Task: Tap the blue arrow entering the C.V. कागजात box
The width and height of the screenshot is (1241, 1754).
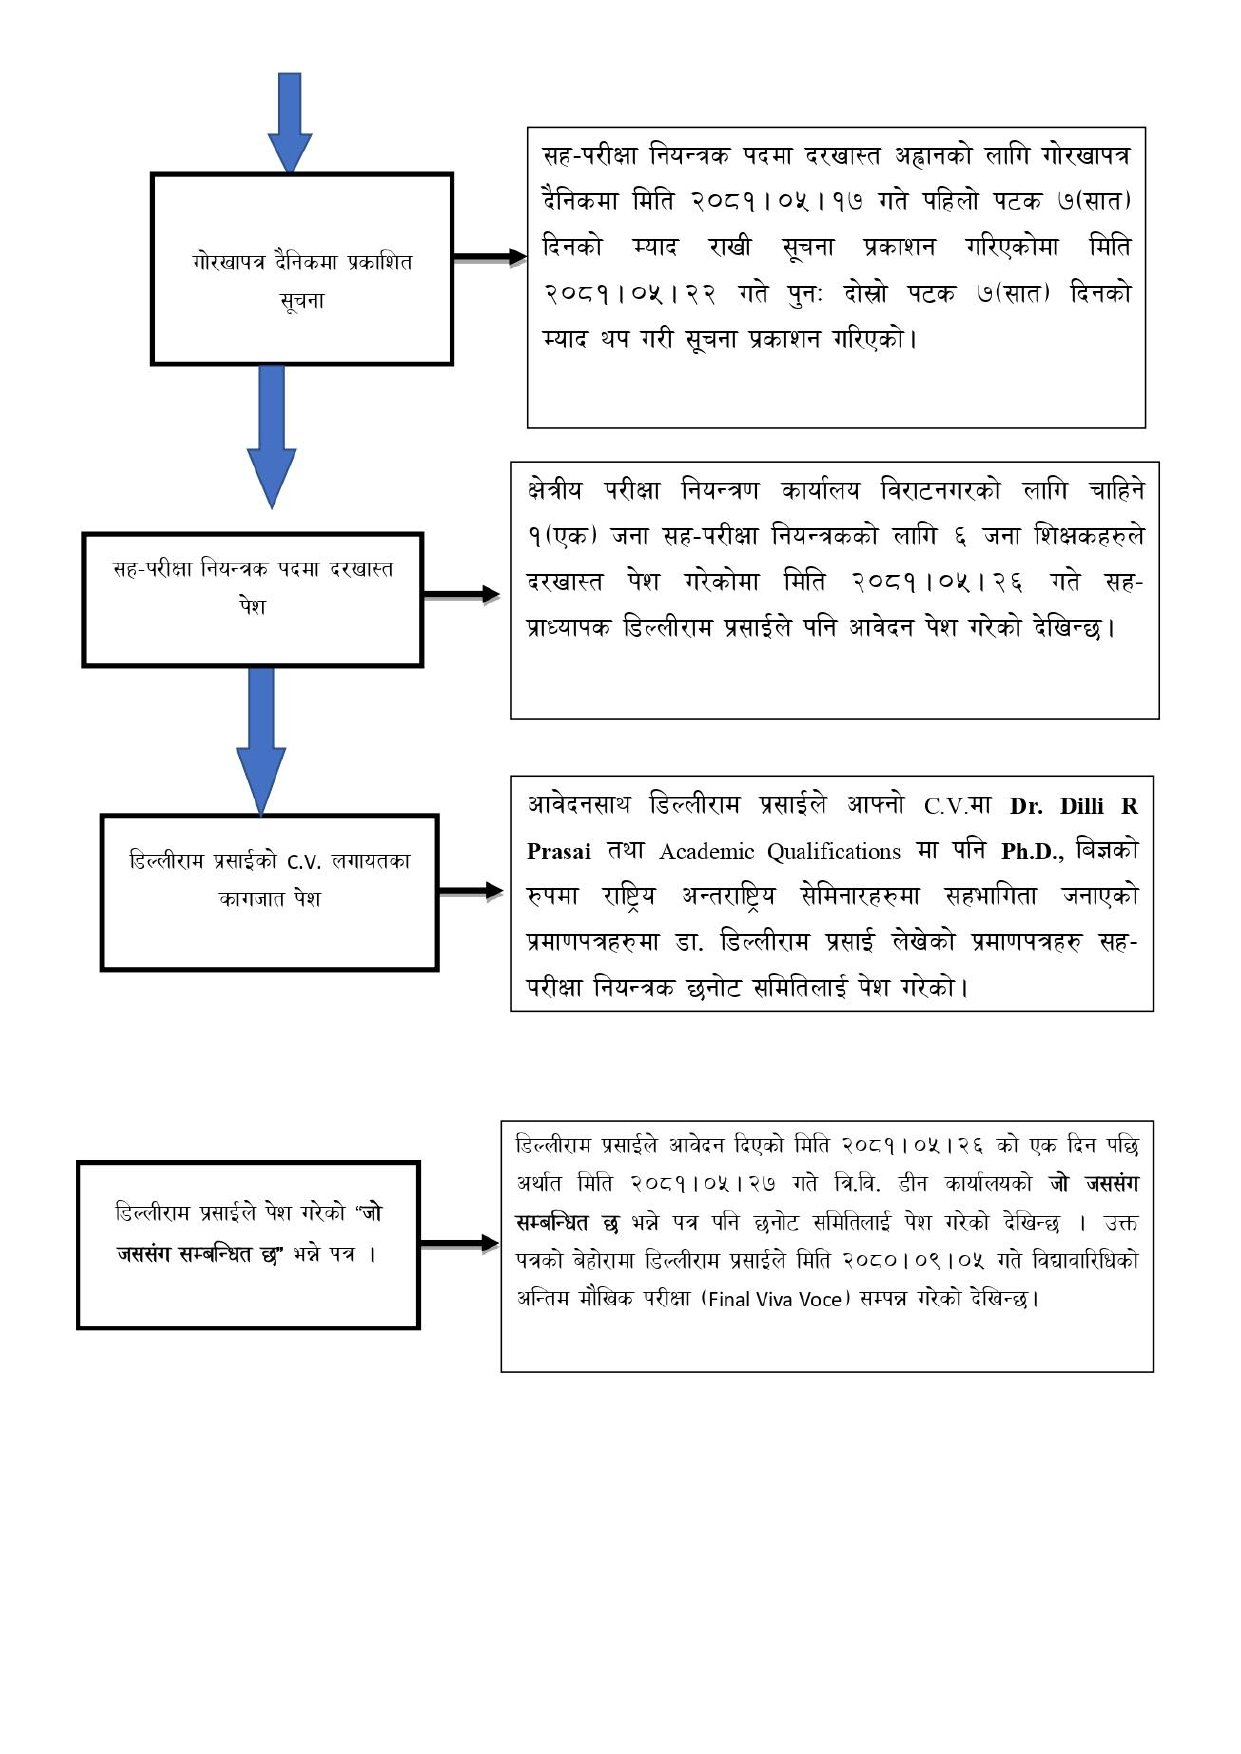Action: click(261, 740)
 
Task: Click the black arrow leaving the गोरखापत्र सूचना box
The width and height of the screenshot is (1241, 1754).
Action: click(489, 257)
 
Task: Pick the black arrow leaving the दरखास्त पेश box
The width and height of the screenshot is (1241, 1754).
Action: click(461, 595)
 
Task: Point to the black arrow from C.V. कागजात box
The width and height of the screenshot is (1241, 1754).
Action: click(470, 890)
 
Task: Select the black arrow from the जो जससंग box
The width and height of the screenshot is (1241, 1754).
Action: click(459, 1244)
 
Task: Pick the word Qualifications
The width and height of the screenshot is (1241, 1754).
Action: click(834, 852)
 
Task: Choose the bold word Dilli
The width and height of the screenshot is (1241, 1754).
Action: click(1082, 806)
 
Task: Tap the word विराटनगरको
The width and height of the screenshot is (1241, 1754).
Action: click(940, 491)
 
